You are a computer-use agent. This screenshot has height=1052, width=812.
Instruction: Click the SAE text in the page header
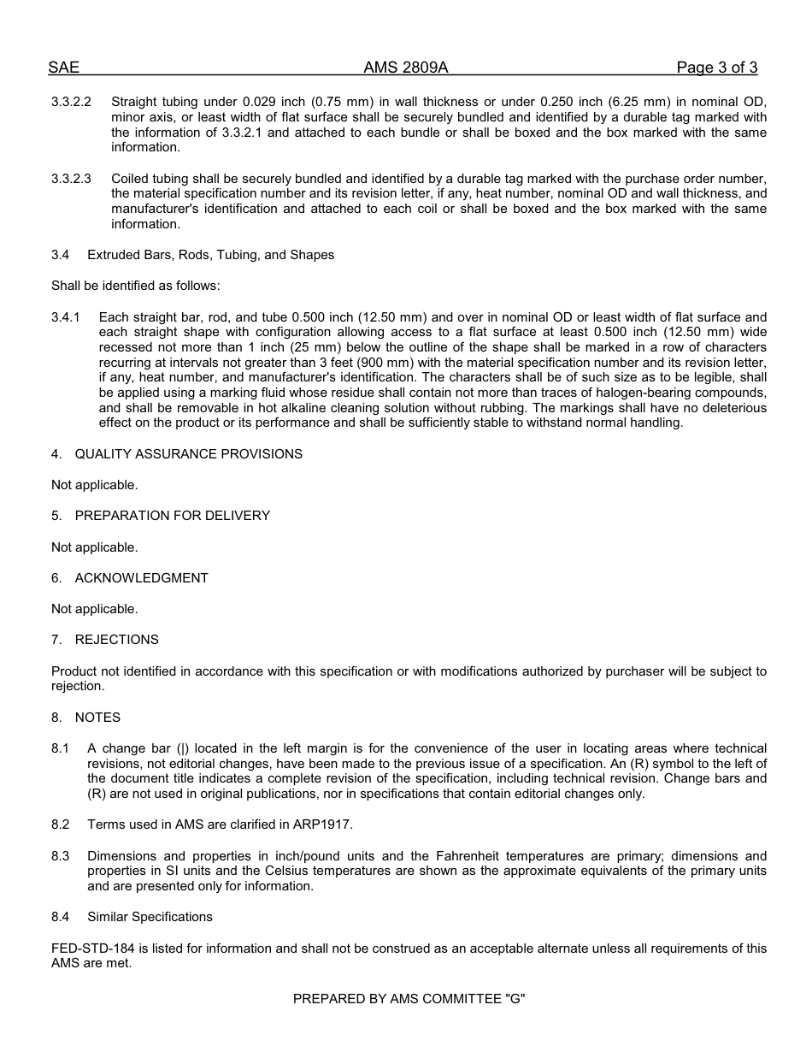click(x=63, y=68)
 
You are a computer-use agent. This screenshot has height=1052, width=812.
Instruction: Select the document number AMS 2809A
click(x=405, y=68)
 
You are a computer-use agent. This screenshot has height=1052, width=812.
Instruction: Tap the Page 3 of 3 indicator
click(x=716, y=68)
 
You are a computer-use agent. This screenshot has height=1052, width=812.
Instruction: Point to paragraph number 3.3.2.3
click(x=71, y=179)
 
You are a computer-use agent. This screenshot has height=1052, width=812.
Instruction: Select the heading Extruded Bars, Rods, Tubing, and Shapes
click(x=210, y=255)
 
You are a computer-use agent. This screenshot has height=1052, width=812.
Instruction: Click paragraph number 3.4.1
click(x=66, y=317)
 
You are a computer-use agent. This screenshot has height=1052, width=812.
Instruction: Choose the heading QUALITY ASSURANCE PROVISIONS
click(x=188, y=454)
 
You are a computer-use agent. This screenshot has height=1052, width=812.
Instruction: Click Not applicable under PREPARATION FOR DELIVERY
click(x=94, y=547)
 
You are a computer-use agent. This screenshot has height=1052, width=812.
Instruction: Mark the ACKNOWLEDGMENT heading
click(x=141, y=578)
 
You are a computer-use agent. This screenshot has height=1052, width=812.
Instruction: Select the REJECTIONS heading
click(x=116, y=640)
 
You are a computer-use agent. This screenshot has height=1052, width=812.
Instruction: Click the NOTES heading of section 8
click(x=97, y=718)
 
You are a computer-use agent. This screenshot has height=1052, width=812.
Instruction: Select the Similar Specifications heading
click(x=150, y=917)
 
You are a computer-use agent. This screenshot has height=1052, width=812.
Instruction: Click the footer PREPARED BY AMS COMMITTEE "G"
click(x=409, y=998)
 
